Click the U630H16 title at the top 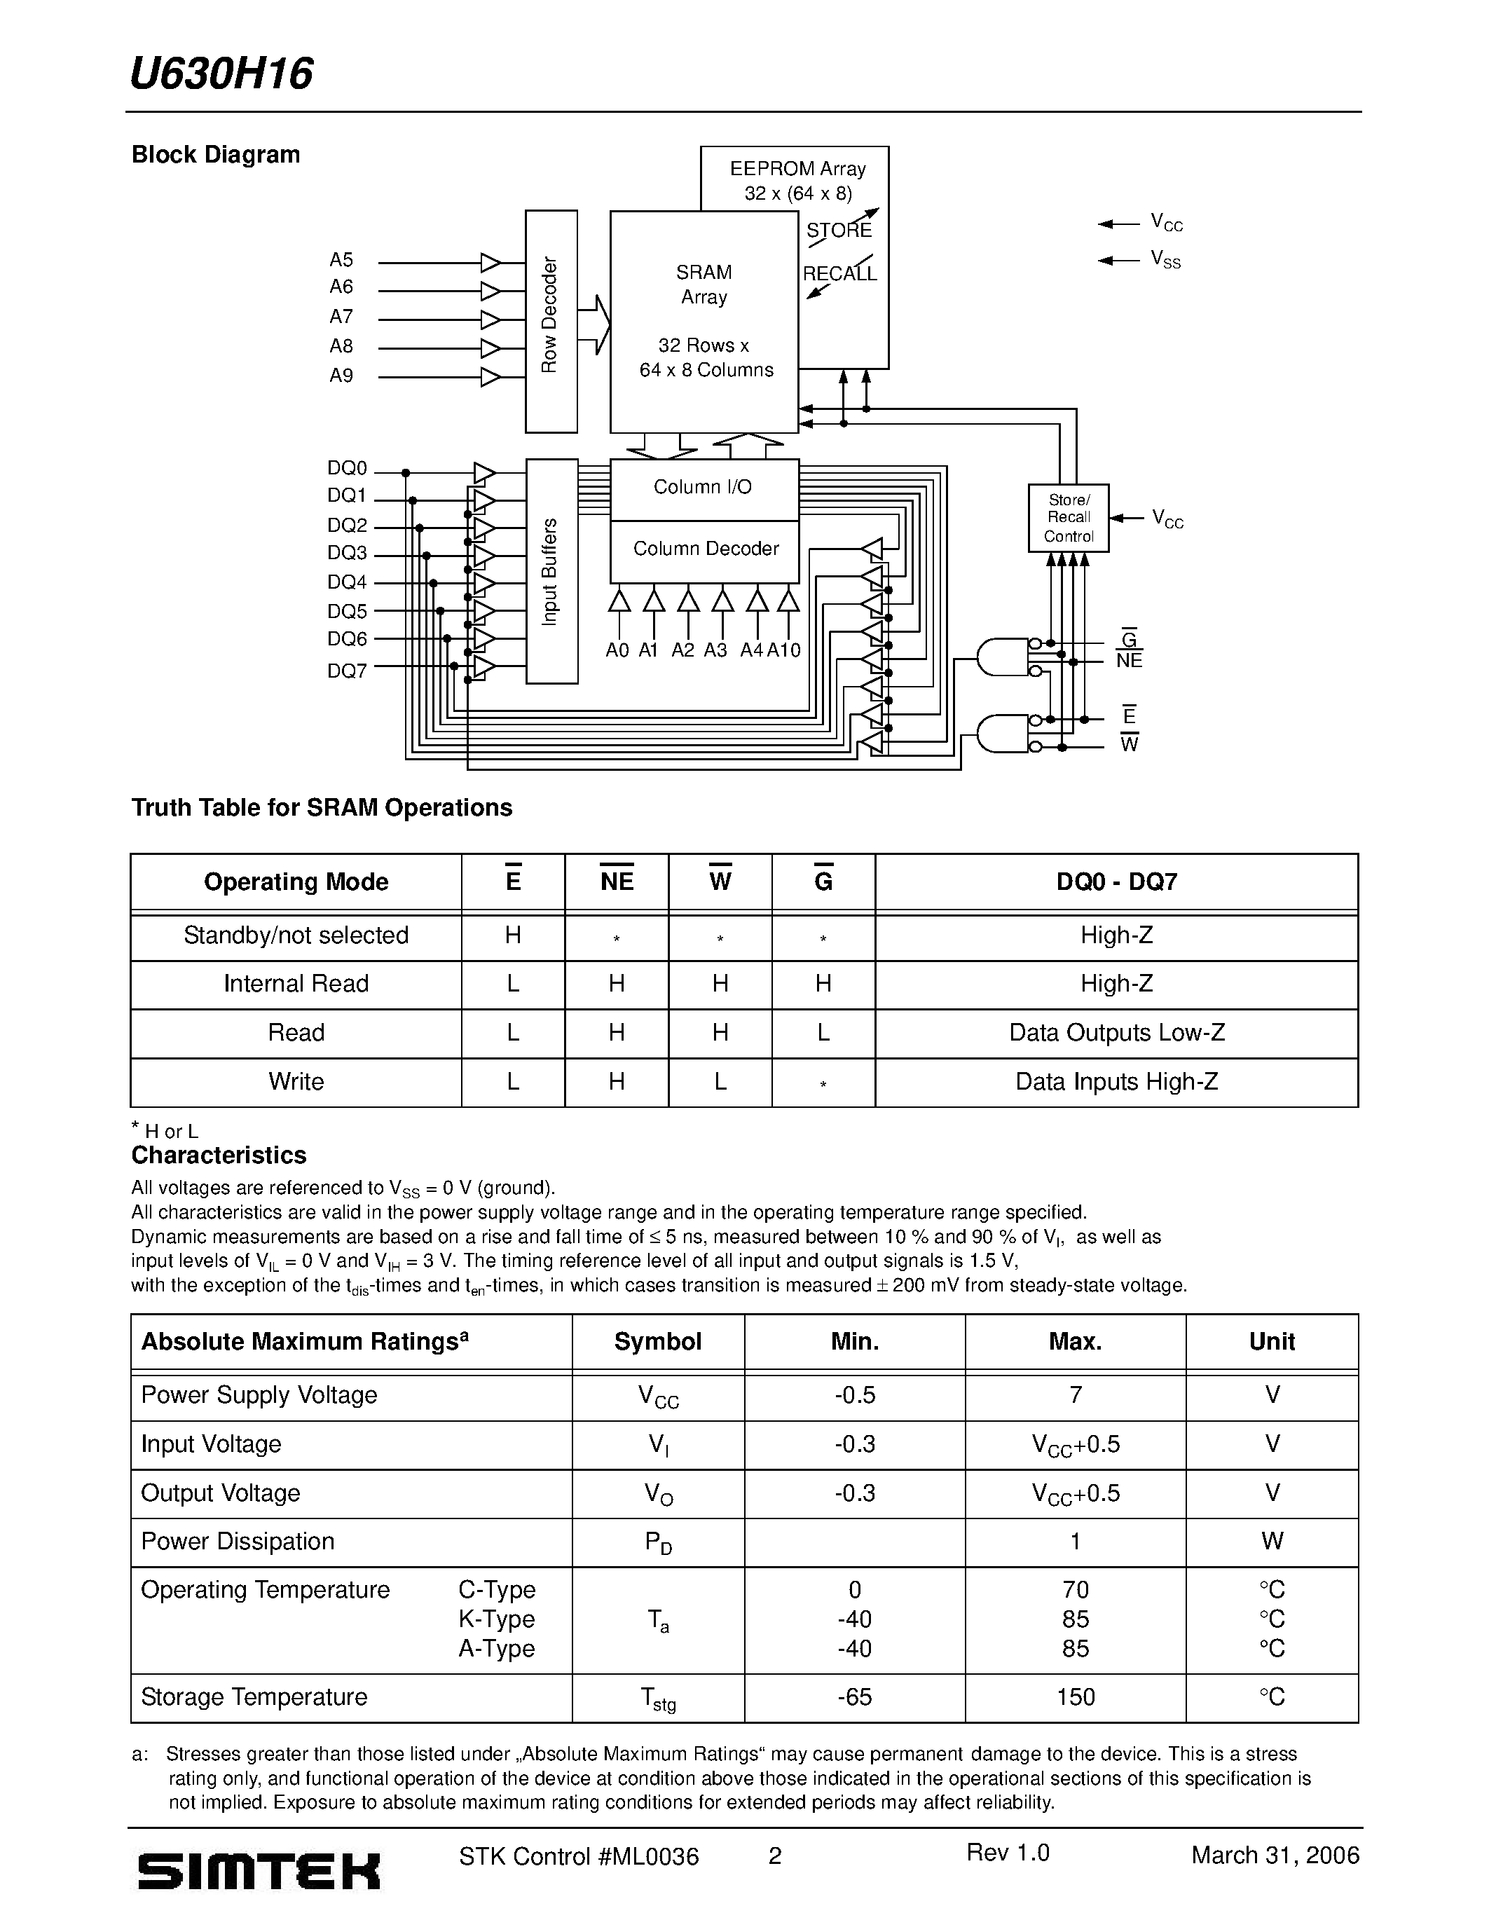point(221,74)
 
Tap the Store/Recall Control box point(1069,518)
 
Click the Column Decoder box point(705,549)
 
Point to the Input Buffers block point(551,571)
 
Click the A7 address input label point(341,317)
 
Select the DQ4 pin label point(347,582)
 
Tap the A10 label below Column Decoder point(783,651)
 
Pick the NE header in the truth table point(617,882)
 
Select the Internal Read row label point(296,984)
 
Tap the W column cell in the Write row point(720,1082)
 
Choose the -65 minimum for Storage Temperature point(854,1696)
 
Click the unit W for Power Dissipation point(1271,1542)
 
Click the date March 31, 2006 point(1275,1856)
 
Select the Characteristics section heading point(219,1155)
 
